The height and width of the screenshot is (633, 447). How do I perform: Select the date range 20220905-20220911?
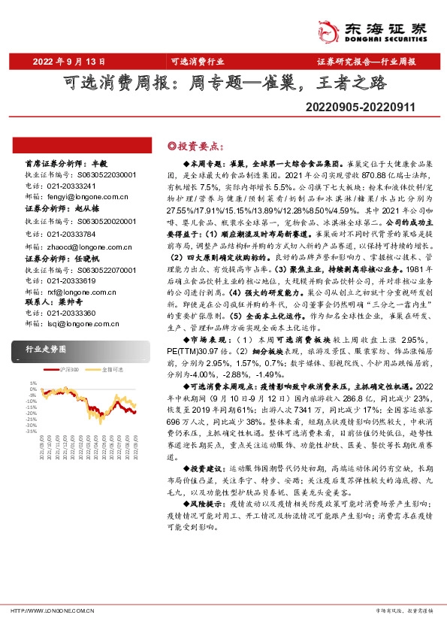click(x=361, y=108)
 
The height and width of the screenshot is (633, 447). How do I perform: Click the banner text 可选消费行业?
click(x=198, y=61)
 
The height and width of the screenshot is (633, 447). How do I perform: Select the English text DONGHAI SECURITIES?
click(x=385, y=40)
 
